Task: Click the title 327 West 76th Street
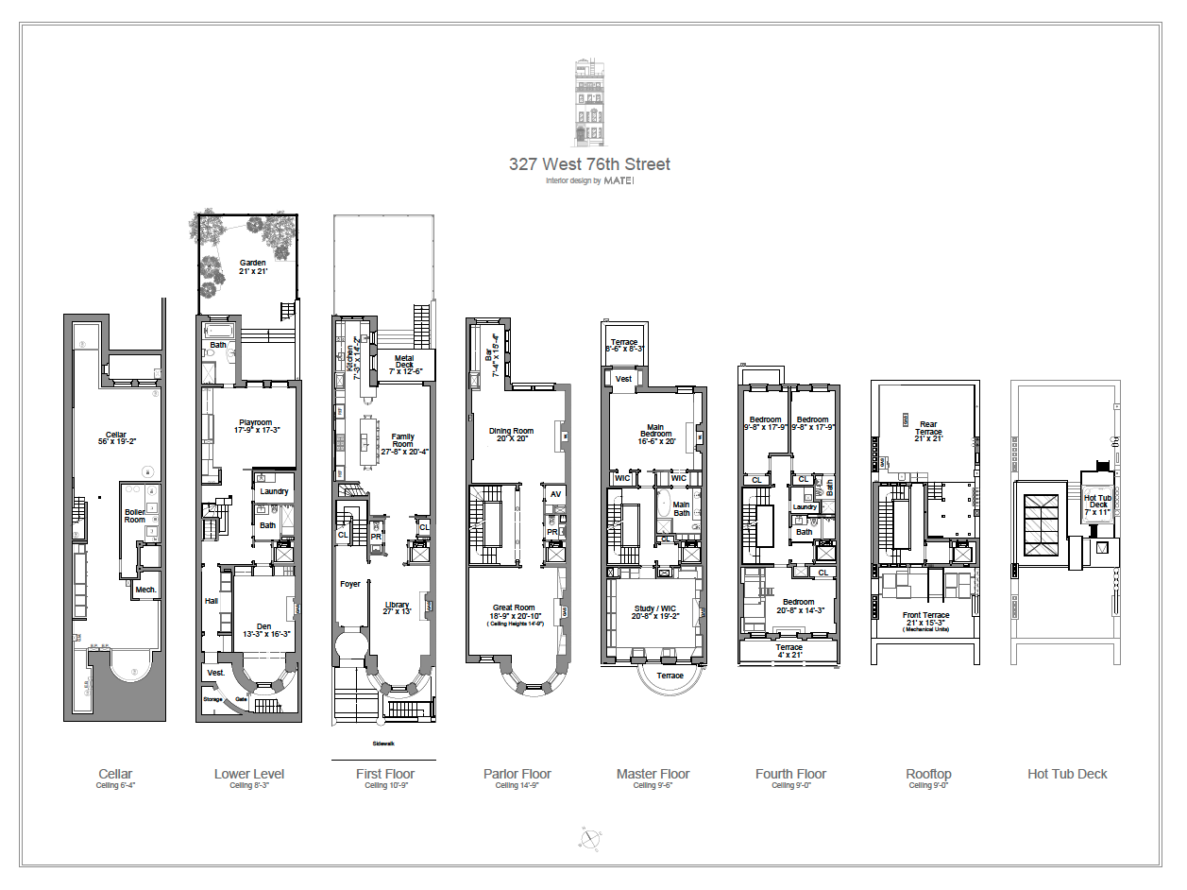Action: pos(589,164)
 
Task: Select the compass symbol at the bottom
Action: pos(591,838)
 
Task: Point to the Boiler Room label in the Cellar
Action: pos(135,516)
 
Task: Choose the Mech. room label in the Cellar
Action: pos(145,590)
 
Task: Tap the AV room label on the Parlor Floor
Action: pos(554,494)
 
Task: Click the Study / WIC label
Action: pos(654,611)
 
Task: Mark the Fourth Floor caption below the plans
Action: pos(791,775)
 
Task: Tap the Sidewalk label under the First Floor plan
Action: pos(383,744)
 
